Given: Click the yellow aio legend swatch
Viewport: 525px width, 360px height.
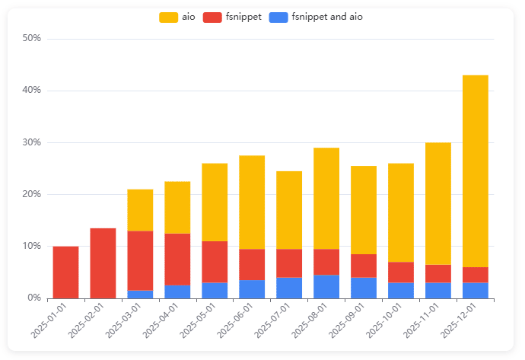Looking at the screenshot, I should click(x=168, y=17).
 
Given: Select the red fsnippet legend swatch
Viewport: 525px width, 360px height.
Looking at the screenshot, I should click(x=213, y=17).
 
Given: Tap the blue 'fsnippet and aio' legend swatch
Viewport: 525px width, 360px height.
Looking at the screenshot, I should click(x=278, y=17).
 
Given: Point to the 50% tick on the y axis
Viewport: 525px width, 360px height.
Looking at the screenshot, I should click(x=31, y=39).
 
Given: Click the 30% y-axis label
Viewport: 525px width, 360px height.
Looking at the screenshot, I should click(x=31, y=142).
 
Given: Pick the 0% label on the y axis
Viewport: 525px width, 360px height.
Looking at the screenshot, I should click(x=33, y=298).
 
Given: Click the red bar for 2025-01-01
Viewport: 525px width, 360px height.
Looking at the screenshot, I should click(x=65, y=272).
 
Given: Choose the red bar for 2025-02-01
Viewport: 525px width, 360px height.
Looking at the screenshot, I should click(x=103, y=263).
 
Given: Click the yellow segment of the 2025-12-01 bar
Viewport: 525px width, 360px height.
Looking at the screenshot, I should click(x=476, y=171).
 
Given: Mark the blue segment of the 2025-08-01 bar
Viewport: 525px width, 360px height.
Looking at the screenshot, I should click(x=326, y=286).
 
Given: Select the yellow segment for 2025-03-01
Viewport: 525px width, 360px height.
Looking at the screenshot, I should click(x=140, y=210).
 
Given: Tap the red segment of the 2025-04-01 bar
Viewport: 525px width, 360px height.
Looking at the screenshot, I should click(x=177, y=260).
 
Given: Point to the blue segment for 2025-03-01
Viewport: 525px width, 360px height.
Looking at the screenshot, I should click(x=140, y=294).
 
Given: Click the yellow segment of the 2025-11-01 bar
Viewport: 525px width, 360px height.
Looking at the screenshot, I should click(x=438, y=203).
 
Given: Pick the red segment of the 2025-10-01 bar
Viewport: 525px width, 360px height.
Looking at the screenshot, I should click(x=401, y=272).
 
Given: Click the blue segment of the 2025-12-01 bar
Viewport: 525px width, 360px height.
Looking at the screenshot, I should click(x=476, y=290).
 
